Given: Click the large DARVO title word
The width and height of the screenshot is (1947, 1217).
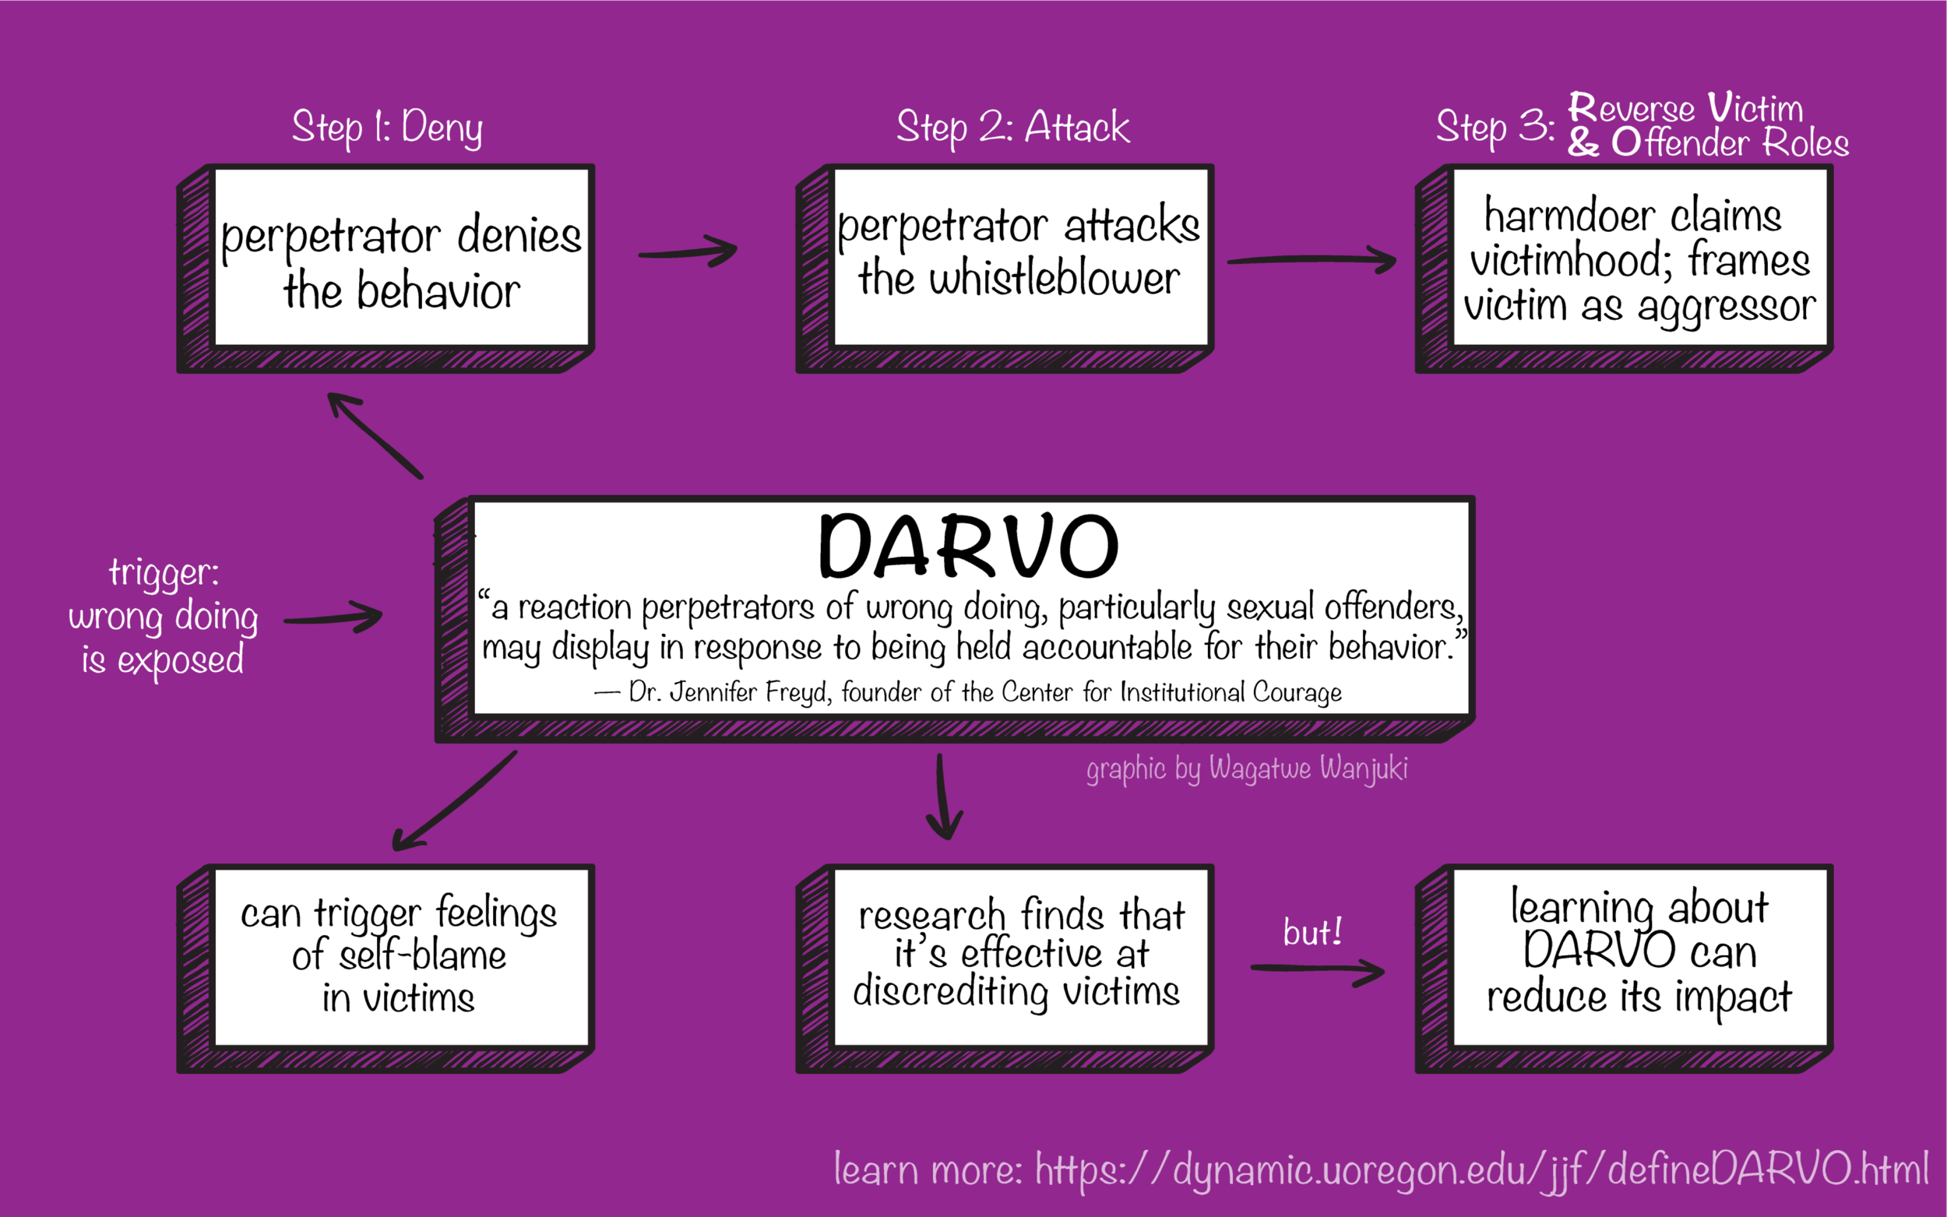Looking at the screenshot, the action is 968,546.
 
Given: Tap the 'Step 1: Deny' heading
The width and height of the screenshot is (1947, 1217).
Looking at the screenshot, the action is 387,128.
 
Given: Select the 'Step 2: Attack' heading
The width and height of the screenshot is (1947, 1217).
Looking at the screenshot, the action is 1013,127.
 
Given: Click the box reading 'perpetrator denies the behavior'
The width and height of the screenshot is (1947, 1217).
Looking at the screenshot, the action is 386,269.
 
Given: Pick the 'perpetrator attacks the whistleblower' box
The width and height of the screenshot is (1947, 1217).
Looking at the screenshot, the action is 1005,269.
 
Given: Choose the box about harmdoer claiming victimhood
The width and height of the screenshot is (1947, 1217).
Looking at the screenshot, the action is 1625,269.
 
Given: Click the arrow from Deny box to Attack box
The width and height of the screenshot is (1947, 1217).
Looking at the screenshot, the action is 688,251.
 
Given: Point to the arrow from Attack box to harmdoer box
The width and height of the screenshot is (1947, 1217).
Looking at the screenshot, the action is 1312,259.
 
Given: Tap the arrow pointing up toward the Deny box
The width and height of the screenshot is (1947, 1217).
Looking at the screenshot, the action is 375,435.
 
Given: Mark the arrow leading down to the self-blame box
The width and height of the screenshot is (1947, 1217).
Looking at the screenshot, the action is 454,801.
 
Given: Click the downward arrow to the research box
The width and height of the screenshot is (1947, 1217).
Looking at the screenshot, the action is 942,797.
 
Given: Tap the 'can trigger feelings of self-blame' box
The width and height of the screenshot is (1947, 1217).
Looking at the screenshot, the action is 386,969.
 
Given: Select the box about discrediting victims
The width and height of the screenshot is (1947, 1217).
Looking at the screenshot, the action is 1005,969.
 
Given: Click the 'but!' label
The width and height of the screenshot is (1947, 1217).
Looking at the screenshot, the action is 1313,932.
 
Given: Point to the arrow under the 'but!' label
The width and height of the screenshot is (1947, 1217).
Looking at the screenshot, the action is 1318,970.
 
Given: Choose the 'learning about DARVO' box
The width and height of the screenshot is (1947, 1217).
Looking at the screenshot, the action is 1625,969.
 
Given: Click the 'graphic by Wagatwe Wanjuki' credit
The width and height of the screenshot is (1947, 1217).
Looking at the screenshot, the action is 1247,769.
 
